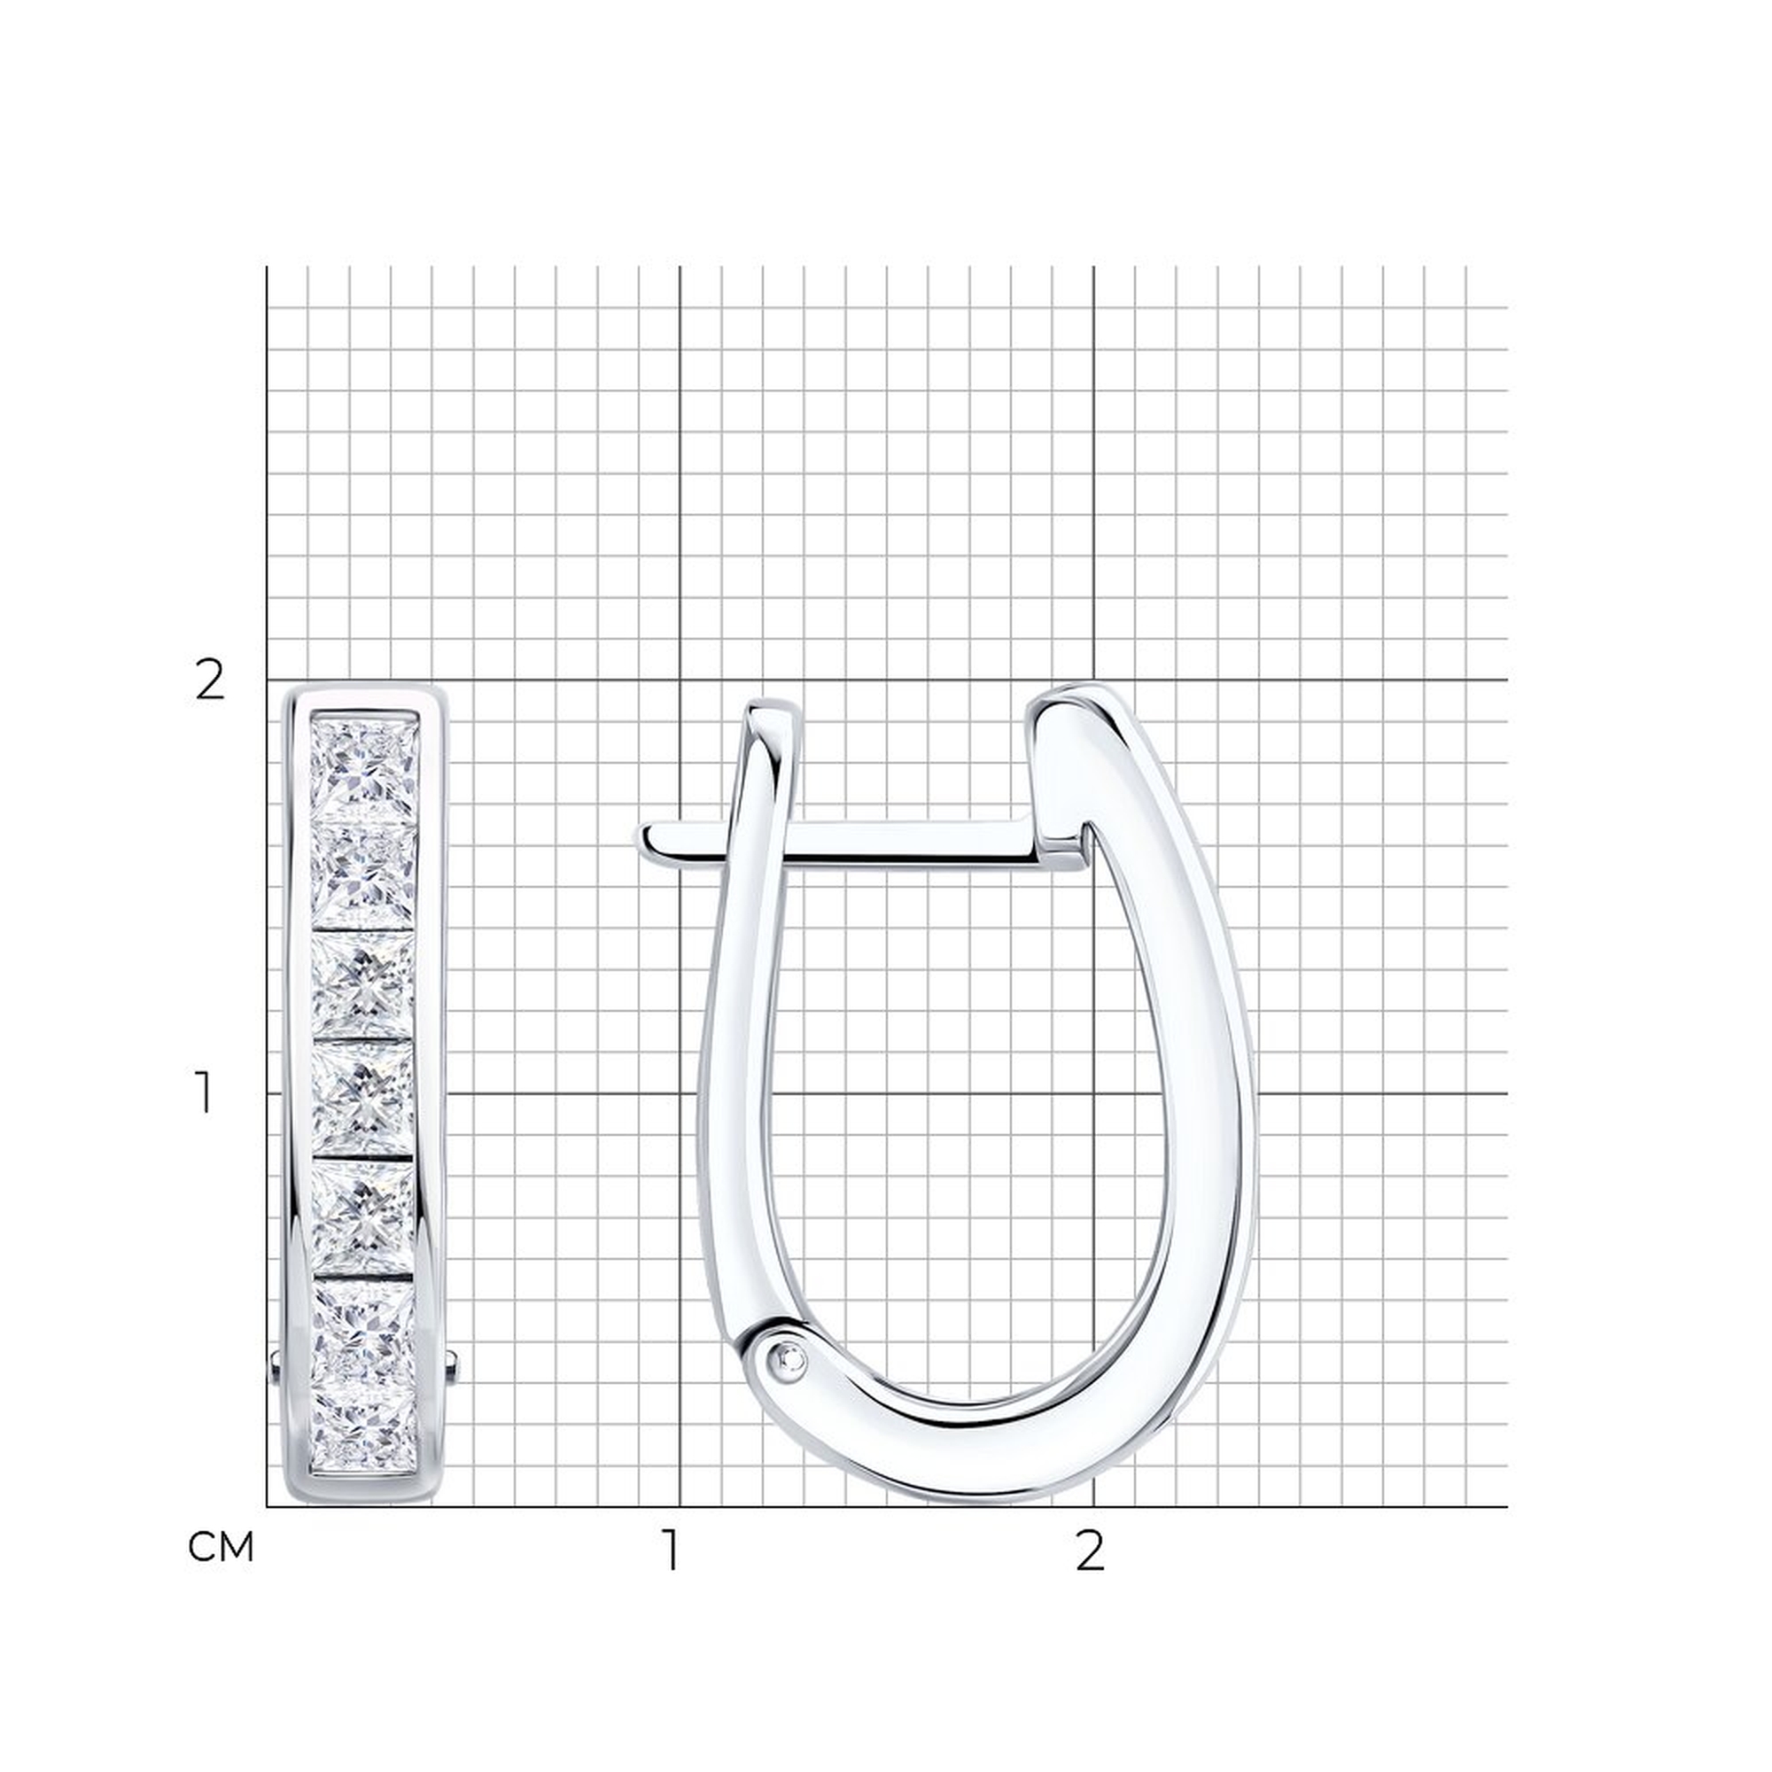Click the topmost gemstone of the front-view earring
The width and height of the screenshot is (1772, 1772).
(x=365, y=767)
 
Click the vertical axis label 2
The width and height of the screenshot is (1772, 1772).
(x=210, y=680)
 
